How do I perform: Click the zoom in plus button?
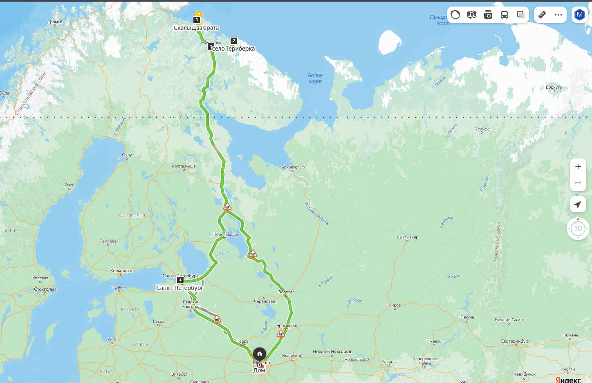click(578, 167)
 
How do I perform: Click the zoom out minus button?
click(578, 183)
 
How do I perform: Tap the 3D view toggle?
click(578, 228)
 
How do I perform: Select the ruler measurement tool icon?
click(542, 15)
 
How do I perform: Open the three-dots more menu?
click(558, 15)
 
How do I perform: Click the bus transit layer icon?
click(505, 15)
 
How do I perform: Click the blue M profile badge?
click(579, 15)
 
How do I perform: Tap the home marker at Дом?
click(260, 354)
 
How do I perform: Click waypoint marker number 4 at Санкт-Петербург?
click(180, 280)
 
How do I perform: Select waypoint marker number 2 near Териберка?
click(234, 41)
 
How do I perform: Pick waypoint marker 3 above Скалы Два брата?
click(197, 20)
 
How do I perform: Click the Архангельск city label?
click(294, 167)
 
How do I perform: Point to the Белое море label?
click(315, 78)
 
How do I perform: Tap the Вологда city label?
click(286, 292)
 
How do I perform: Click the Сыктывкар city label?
click(408, 237)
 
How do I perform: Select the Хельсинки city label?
click(121, 271)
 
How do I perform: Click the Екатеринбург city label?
click(516, 341)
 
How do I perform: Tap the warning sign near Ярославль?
click(280, 334)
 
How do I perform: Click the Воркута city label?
click(554, 87)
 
